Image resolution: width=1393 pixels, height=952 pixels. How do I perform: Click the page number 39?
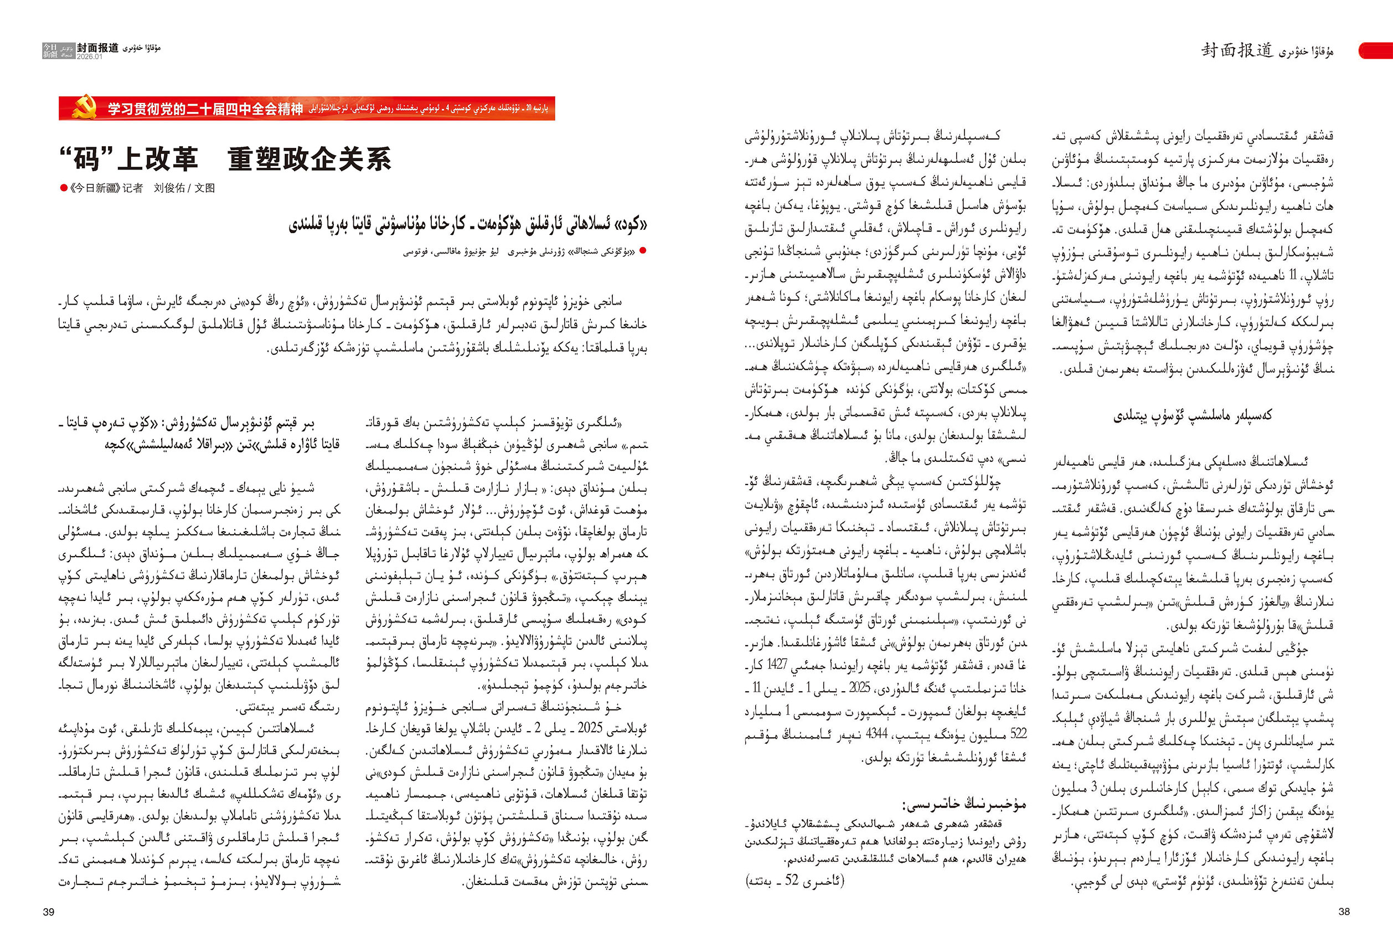coord(49,912)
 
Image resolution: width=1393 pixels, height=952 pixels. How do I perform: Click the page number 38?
coord(1344,911)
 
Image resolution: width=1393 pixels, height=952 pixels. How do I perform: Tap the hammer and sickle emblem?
coord(85,108)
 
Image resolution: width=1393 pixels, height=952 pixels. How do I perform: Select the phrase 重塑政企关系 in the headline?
coord(309,159)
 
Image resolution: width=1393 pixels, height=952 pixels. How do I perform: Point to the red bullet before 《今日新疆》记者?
coord(64,188)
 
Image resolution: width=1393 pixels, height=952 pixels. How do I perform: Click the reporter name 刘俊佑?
coord(169,188)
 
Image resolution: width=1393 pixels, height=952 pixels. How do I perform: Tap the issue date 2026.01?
coord(89,57)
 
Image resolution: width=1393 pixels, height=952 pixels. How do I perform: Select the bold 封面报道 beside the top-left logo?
coord(97,48)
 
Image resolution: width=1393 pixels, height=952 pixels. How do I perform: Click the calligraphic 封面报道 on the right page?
coord(1236,50)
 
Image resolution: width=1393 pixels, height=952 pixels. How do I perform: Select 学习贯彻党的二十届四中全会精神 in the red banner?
coord(205,109)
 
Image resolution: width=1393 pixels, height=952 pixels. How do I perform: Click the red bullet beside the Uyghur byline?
coord(643,250)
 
